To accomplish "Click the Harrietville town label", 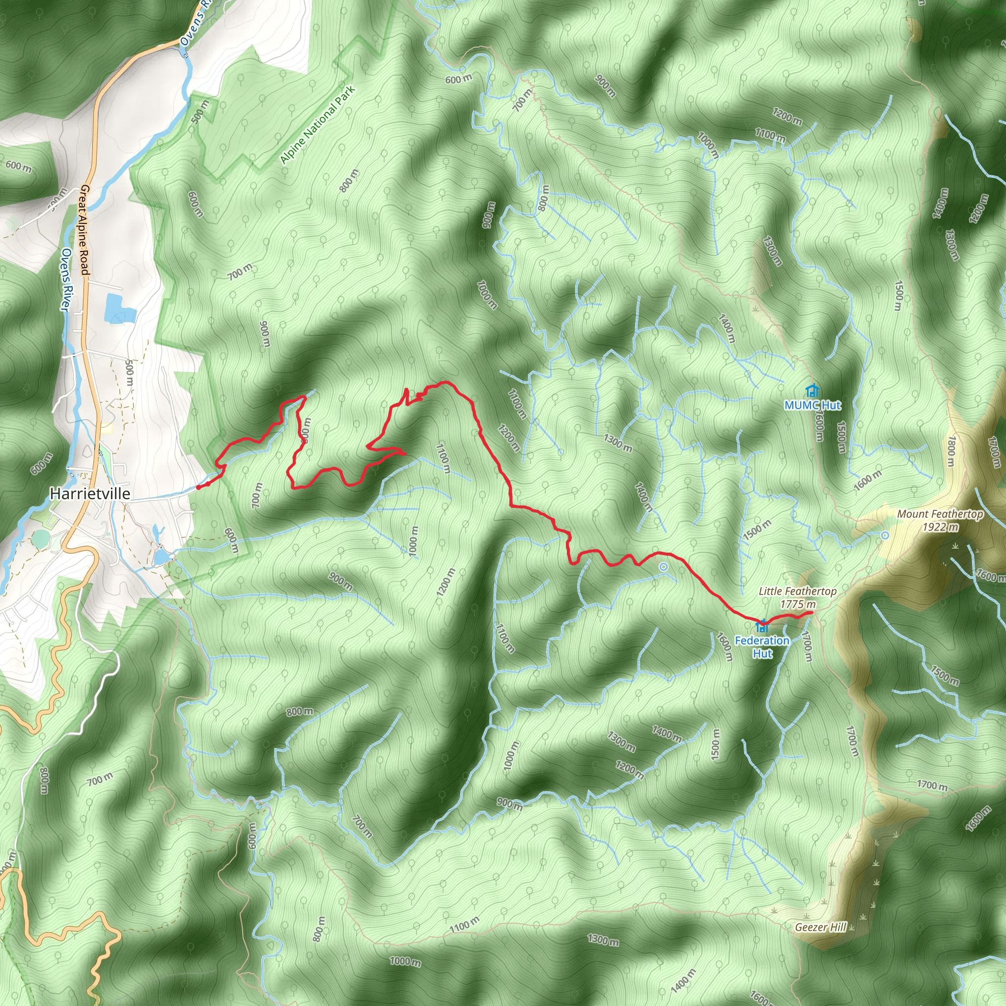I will [x=90, y=494].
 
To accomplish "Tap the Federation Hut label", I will [x=762, y=647].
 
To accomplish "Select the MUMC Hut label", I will [x=812, y=405].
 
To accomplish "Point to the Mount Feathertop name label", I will [x=940, y=514].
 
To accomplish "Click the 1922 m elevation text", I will [x=940, y=527].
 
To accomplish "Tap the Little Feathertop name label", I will [x=797, y=591].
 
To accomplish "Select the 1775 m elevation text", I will [x=798, y=604].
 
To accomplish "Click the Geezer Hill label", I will [x=821, y=927].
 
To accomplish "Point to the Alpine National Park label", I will [x=317, y=125].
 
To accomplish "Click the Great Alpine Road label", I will [x=84, y=229].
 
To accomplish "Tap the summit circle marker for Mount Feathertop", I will [x=885, y=535].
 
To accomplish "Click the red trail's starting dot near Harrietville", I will [x=198, y=487].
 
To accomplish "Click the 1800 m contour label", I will [x=951, y=451].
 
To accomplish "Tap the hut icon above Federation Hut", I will [x=763, y=625].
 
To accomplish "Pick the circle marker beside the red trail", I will [x=663, y=567].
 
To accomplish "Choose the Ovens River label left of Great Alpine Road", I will [x=67, y=279].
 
